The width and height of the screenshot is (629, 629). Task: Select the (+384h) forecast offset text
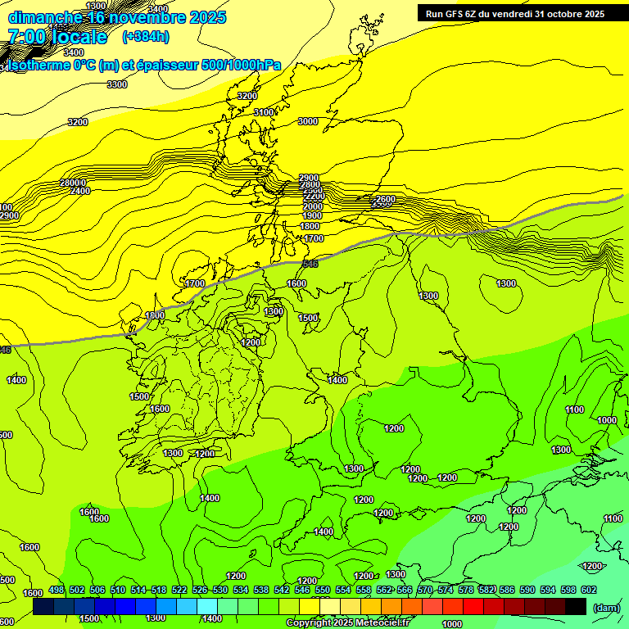coord(146,36)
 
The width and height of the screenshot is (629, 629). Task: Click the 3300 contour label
coord(117,84)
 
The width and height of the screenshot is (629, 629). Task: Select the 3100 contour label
coord(264,112)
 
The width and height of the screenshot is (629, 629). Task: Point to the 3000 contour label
coord(307,121)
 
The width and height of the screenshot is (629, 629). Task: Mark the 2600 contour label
coord(385,199)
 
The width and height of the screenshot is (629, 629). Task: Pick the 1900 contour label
coord(312,215)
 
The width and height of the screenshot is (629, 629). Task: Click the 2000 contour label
coord(313,206)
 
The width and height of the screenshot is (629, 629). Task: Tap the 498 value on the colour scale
coord(57,590)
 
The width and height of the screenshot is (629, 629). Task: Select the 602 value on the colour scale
coord(588,590)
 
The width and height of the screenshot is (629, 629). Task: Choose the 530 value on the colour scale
coord(220,590)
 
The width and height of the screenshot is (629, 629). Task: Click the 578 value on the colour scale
coord(466,590)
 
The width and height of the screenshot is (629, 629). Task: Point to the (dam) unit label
coord(606,608)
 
